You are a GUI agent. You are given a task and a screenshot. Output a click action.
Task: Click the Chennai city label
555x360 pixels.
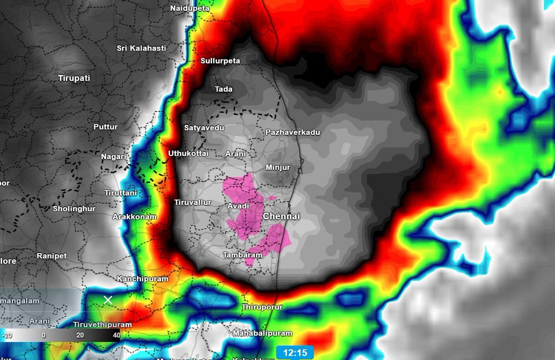(x=282, y=217)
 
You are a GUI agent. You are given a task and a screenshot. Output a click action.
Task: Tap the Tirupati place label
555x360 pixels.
(x=74, y=78)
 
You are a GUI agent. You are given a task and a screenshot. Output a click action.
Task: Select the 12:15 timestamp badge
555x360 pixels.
(x=296, y=353)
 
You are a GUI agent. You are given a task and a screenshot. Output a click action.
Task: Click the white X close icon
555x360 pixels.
(x=108, y=300)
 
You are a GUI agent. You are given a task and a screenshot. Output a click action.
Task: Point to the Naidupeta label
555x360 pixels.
(x=190, y=8)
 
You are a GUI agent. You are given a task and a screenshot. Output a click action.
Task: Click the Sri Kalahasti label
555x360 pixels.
(x=141, y=48)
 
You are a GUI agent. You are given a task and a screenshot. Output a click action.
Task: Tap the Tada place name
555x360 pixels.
(x=224, y=89)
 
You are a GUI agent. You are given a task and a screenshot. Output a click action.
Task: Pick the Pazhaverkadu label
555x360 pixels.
(x=293, y=132)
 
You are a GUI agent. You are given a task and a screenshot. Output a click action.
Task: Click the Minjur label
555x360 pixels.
(x=278, y=167)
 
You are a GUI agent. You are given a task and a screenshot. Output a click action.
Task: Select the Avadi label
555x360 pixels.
(x=238, y=206)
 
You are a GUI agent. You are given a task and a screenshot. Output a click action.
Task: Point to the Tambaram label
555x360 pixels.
(x=242, y=255)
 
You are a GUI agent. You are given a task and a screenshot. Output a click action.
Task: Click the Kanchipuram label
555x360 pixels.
(x=142, y=279)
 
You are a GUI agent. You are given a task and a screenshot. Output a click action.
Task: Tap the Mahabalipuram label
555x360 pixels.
(x=263, y=333)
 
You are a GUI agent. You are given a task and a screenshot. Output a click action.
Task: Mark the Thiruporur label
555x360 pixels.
(x=262, y=307)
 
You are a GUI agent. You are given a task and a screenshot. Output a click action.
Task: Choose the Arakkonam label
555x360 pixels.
(x=135, y=217)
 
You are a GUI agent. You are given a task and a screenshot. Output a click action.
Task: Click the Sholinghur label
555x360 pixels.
(x=74, y=209)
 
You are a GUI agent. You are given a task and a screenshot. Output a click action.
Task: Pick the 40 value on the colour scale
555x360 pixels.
(x=116, y=335)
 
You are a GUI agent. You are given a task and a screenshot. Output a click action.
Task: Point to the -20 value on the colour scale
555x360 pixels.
(x=6, y=335)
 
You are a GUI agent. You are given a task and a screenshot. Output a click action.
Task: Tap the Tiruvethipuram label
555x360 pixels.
(x=102, y=324)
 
